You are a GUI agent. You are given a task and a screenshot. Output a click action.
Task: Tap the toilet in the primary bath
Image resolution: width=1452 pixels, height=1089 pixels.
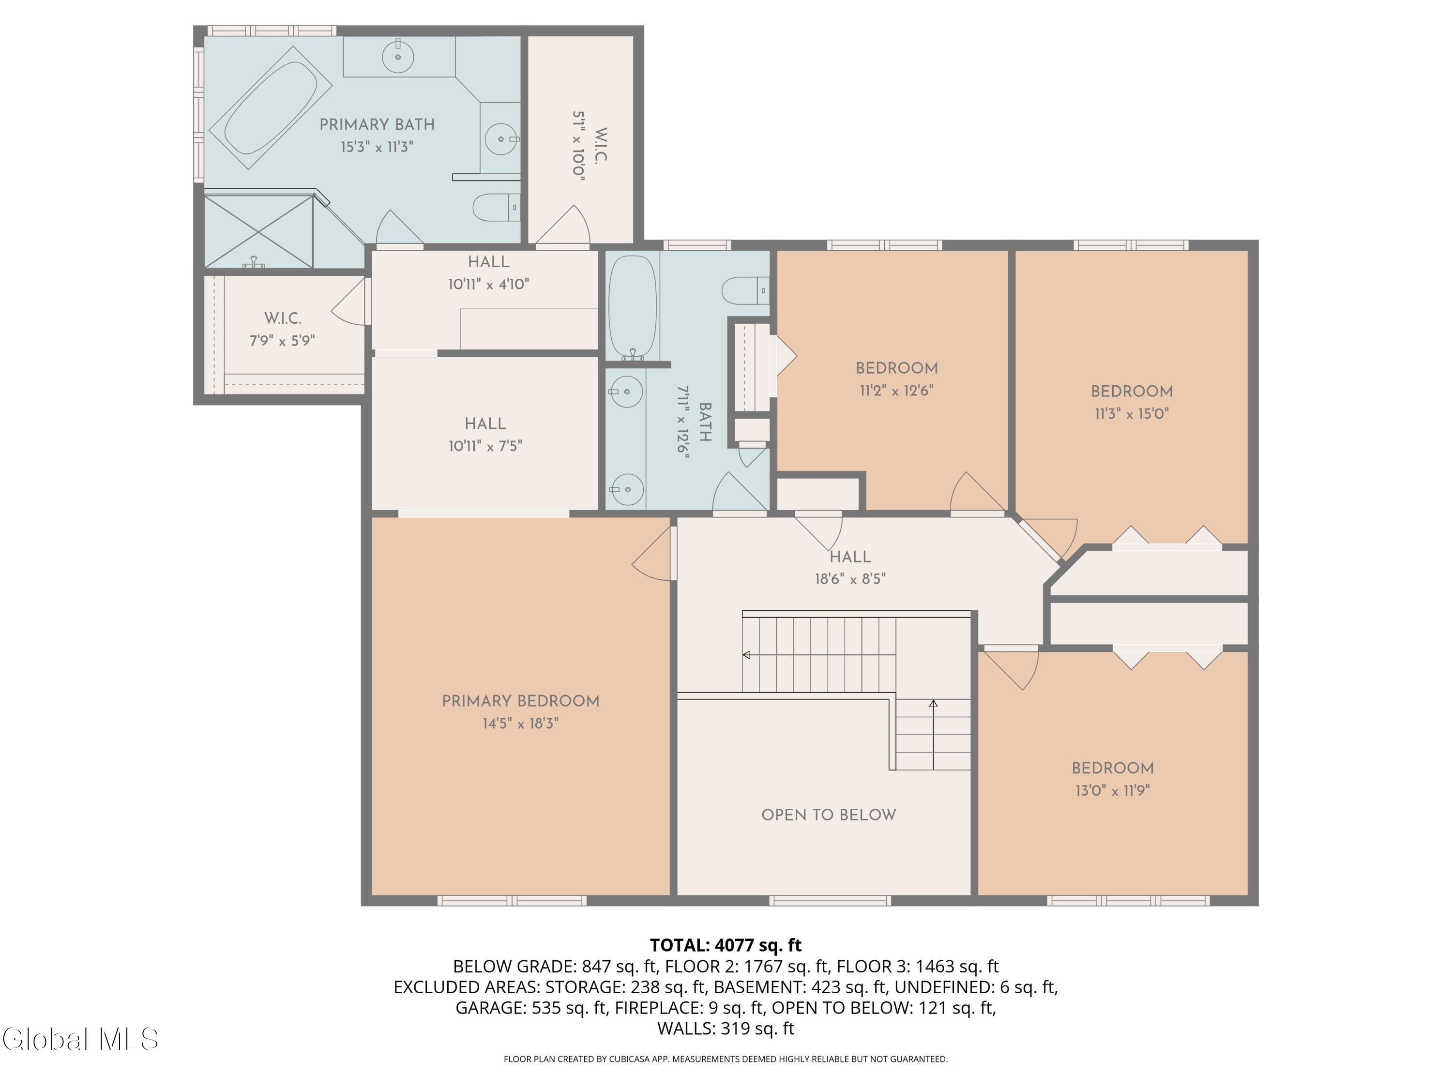pos(496,208)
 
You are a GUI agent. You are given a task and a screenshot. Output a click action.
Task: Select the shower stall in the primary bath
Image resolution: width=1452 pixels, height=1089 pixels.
pos(259,231)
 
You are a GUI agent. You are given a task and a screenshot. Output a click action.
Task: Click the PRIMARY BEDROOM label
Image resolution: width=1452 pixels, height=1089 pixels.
pos(520,701)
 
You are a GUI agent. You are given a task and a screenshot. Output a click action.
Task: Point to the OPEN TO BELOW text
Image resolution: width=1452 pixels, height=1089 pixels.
pos(829,815)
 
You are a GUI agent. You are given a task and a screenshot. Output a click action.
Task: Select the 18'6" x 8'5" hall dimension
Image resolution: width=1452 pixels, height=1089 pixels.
pos(850,579)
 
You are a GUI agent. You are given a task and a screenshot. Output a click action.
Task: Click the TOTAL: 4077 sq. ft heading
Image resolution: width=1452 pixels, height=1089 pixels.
pos(726,945)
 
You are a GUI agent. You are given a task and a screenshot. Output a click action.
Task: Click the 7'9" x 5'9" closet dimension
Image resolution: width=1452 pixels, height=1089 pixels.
pos(282,341)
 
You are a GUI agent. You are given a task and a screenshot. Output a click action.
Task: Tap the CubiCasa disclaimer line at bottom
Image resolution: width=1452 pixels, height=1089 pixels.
pos(726,1059)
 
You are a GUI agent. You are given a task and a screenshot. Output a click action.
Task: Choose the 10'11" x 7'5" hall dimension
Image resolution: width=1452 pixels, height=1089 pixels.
pos(485,446)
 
